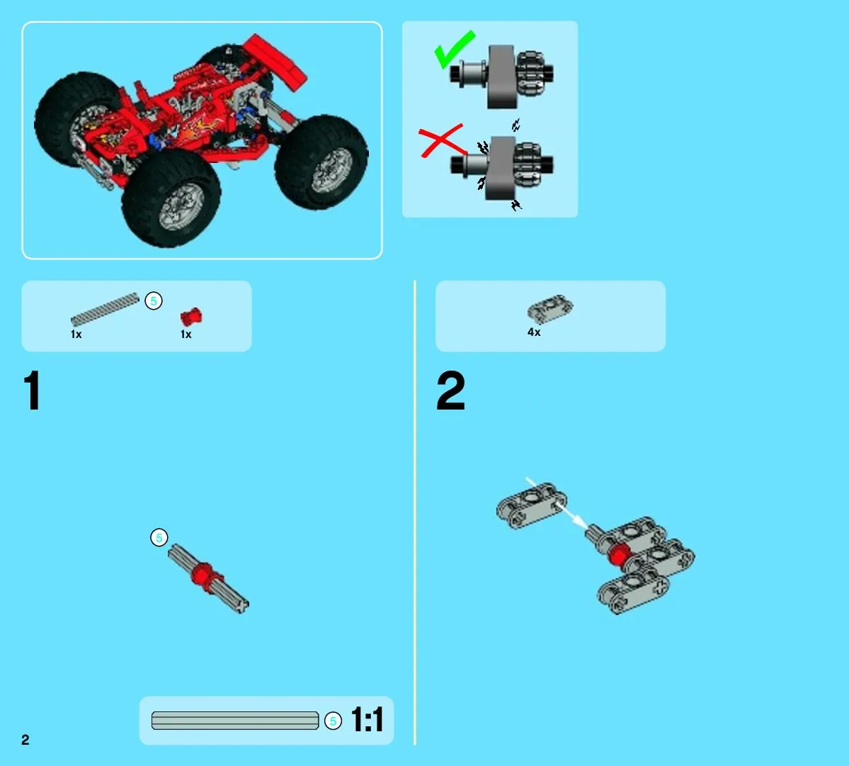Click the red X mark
(442, 141)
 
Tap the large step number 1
(33, 390)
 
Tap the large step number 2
(450, 390)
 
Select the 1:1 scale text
(367, 719)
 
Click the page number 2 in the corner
(25, 740)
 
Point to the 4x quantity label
(534, 332)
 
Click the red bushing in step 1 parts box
(191, 316)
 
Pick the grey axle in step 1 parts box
(105, 310)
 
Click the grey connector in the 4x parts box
(550, 309)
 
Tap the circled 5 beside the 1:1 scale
(333, 721)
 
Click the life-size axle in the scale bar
(235, 721)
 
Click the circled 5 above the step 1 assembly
(159, 537)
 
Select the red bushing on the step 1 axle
(204, 575)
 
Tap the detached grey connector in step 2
(532, 505)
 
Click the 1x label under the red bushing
(186, 334)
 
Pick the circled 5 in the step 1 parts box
(154, 300)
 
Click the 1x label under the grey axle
(76, 334)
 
